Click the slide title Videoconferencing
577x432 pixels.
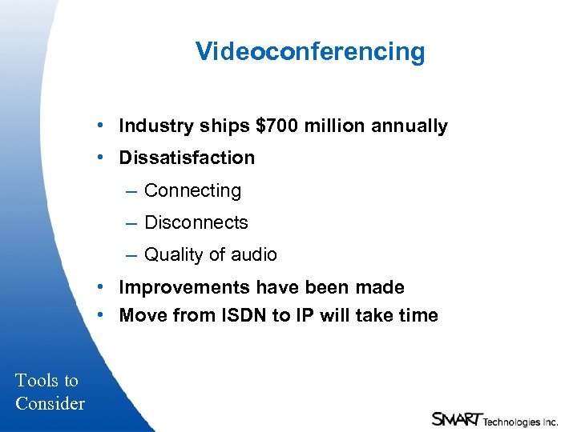(x=310, y=52)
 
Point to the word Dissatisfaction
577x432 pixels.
(x=187, y=158)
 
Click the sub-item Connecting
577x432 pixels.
(x=192, y=191)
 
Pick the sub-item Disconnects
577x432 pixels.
(x=196, y=223)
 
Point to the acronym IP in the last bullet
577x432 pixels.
(x=305, y=316)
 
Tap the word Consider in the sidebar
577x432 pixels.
(x=50, y=403)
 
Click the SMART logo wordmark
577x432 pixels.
(x=456, y=418)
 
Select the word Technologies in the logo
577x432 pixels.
(x=510, y=421)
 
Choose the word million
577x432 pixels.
(x=335, y=126)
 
